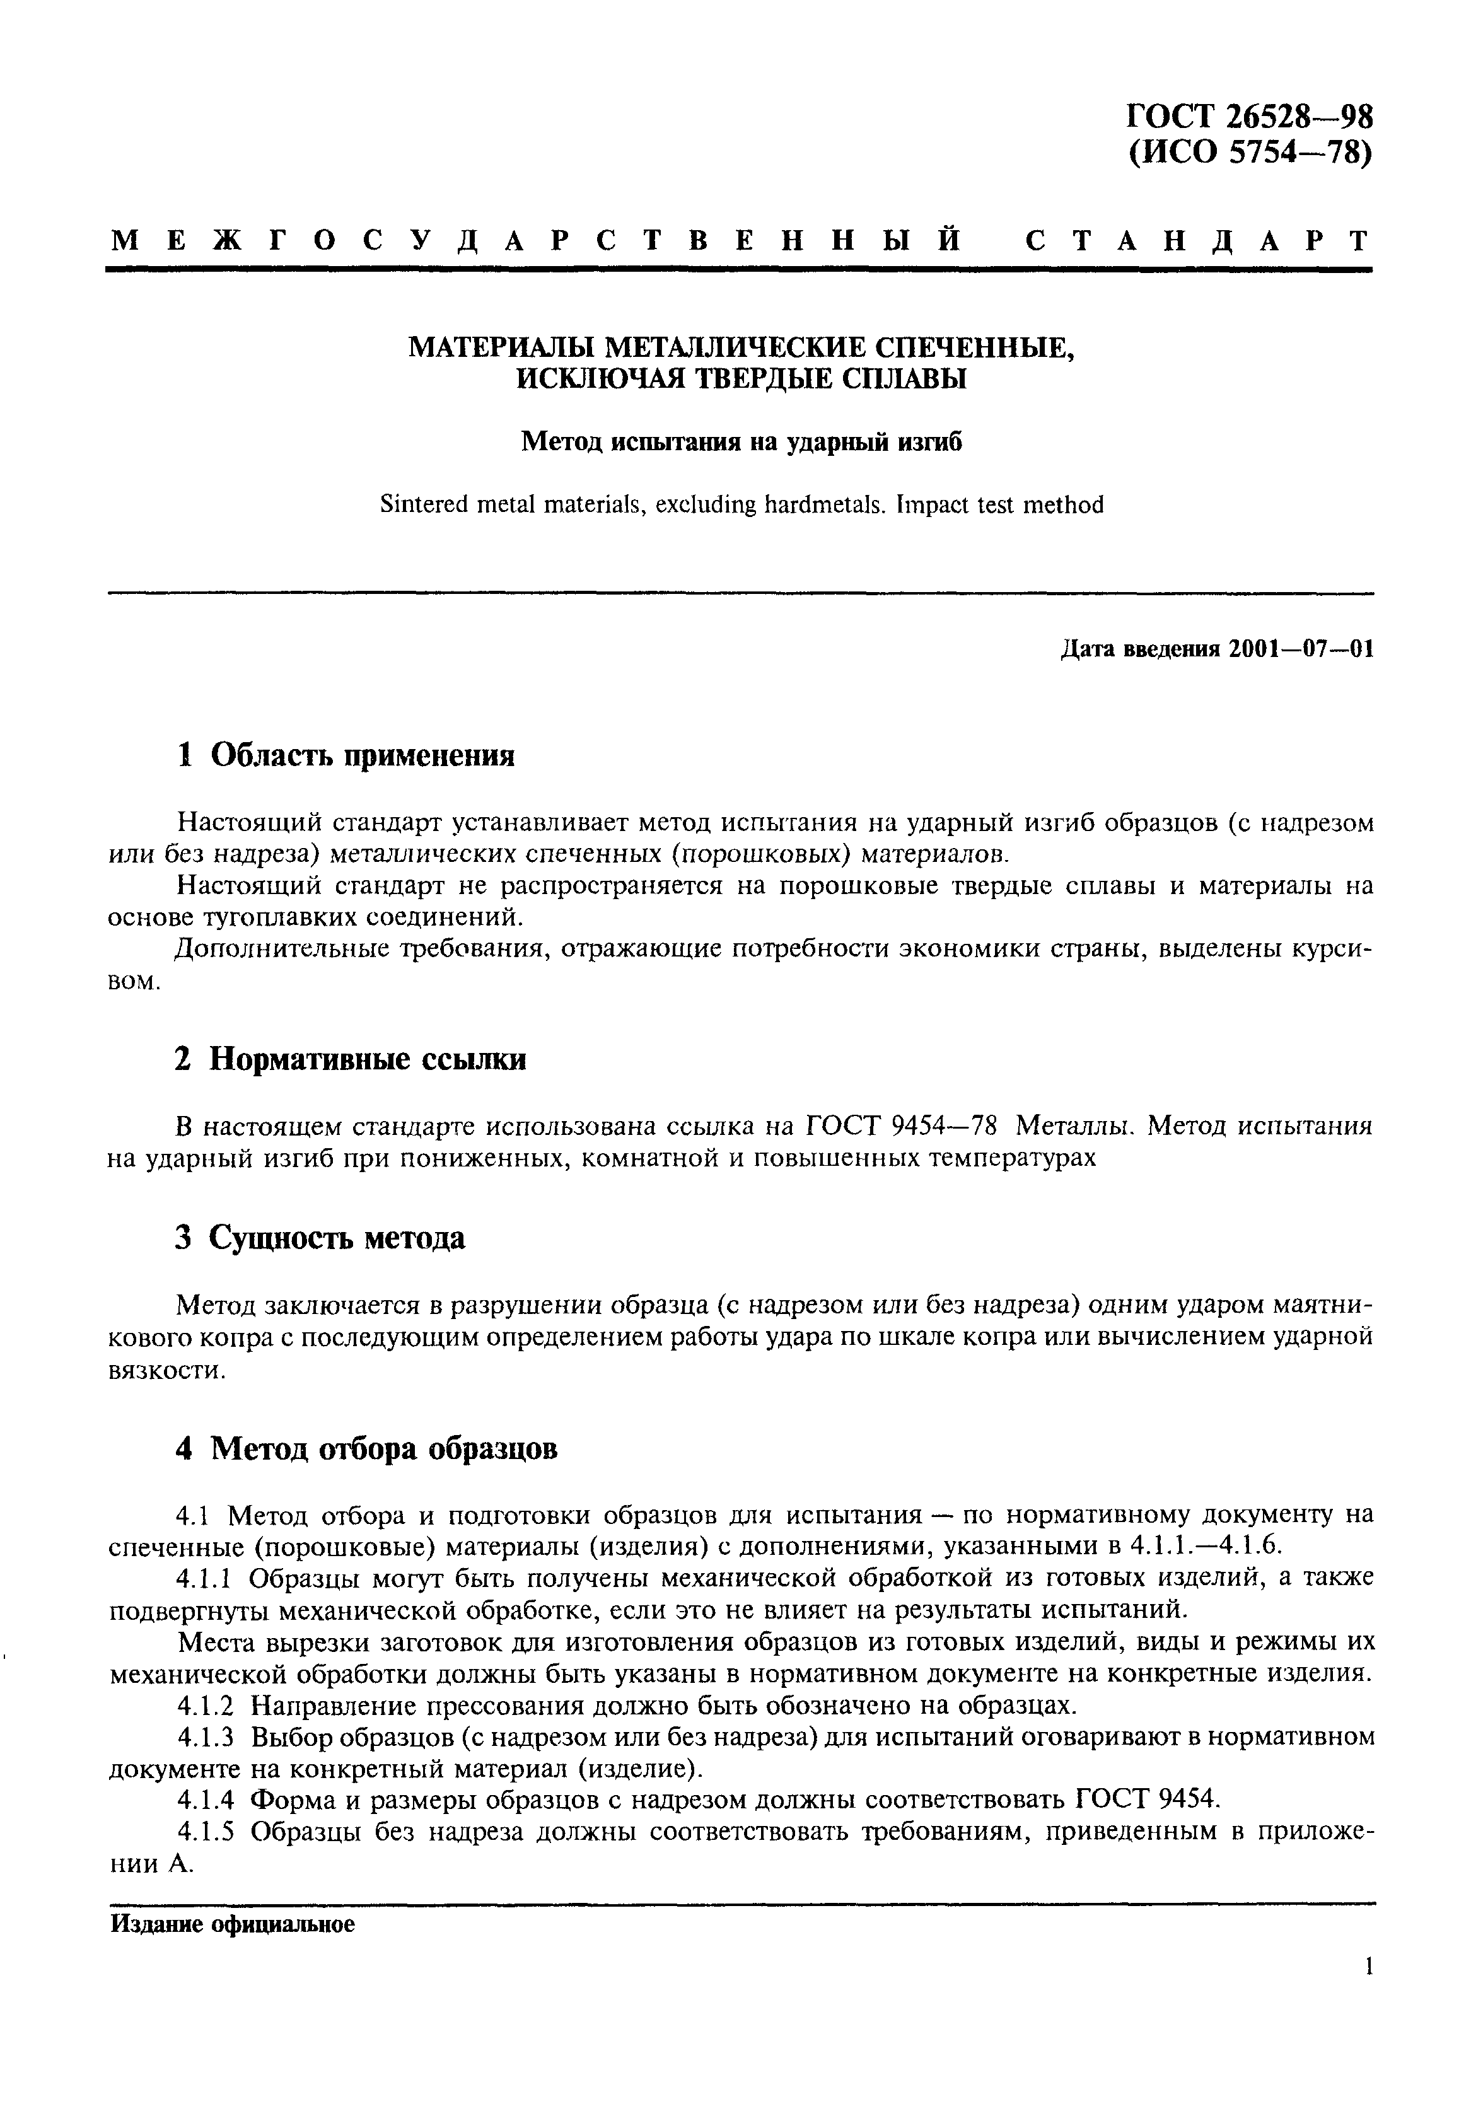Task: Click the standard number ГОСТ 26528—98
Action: pos(1250,118)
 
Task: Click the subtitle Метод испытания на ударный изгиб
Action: pos(742,443)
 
